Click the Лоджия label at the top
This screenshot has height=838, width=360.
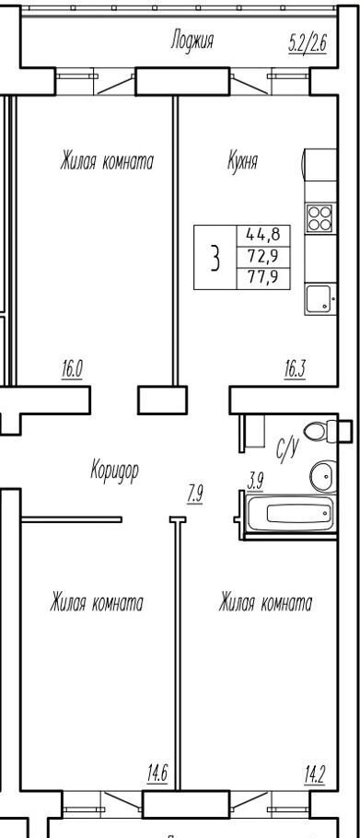click(x=192, y=41)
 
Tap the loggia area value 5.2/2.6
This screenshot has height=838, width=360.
click(x=308, y=42)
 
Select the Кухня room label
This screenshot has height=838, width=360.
click(x=242, y=160)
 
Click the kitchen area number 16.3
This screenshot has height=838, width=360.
click(x=295, y=369)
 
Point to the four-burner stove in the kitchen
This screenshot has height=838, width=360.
click(x=319, y=218)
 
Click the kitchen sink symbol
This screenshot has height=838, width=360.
click(x=320, y=298)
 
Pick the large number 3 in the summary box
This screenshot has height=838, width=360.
click(x=215, y=258)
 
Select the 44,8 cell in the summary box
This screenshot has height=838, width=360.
click(x=263, y=235)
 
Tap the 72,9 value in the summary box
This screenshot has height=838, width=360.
click(x=263, y=257)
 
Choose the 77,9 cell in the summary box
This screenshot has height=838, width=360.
click(x=263, y=278)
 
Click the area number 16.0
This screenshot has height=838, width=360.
click(x=72, y=369)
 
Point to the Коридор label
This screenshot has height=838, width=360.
click(x=114, y=471)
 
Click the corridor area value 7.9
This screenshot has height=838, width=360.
click(x=195, y=494)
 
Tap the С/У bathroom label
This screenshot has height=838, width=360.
click(x=288, y=448)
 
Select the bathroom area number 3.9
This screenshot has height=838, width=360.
click(x=255, y=483)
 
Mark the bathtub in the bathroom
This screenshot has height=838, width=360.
click(x=290, y=514)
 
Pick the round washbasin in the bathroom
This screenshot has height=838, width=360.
click(x=323, y=475)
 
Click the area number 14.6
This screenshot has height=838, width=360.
click(x=157, y=774)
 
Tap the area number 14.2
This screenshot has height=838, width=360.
click(x=315, y=774)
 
